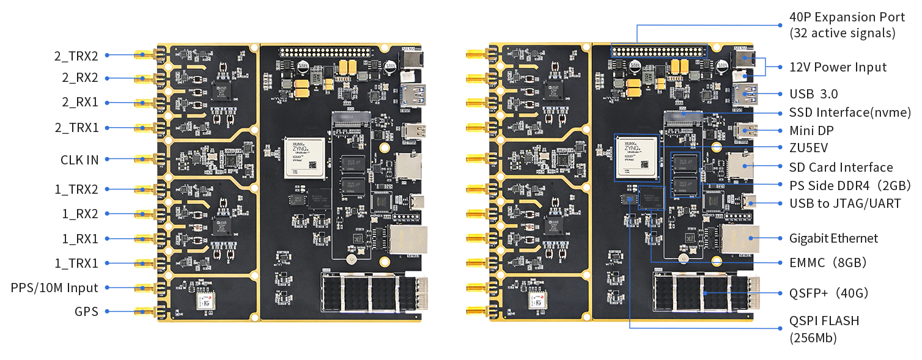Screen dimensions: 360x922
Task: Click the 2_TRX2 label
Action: coord(76,56)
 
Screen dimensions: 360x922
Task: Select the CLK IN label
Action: coord(79,160)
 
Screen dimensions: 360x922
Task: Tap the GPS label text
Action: coord(86,312)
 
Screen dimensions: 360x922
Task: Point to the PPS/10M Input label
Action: coord(54,288)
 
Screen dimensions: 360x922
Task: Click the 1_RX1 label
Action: coord(79,239)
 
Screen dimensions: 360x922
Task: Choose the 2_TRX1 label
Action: coord(76,128)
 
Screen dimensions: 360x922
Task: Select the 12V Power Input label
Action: coord(838,67)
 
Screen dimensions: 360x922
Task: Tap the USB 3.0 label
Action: coord(813,94)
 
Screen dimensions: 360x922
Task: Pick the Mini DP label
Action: coord(811,131)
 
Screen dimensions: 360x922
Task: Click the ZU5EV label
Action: coord(811,147)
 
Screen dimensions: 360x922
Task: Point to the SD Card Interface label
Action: coord(841,167)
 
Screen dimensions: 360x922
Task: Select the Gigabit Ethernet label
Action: coord(833,238)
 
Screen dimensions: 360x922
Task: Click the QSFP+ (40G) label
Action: coord(828,293)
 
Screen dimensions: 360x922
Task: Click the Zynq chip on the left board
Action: coord(305,158)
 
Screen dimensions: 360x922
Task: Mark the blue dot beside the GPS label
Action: coord(106,312)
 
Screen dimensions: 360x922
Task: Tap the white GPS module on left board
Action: coord(206,301)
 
